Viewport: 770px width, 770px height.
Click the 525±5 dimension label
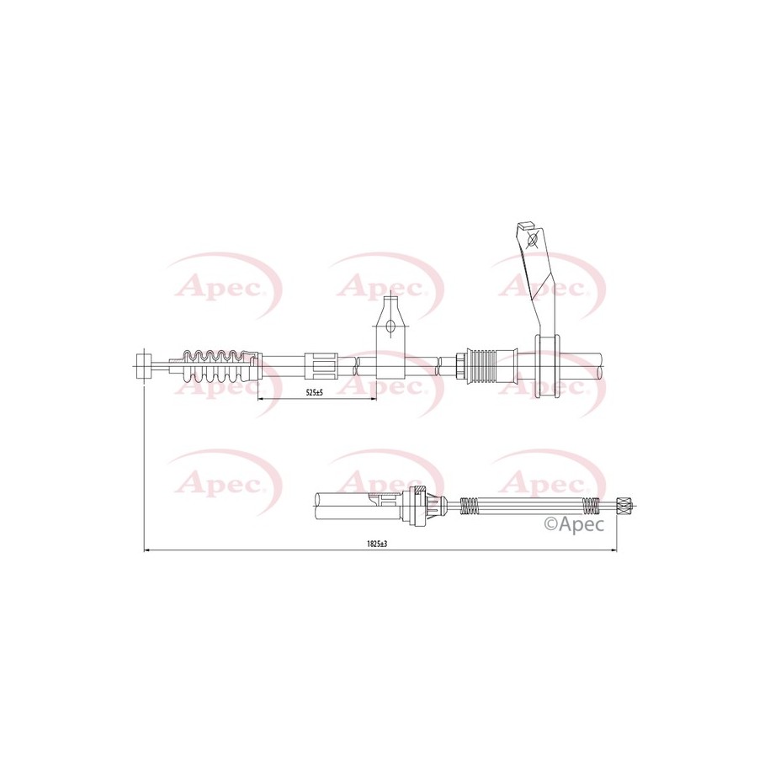coord(314,392)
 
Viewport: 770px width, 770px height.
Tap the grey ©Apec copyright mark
coord(575,524)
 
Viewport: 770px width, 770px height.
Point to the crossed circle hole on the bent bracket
coord(532,241)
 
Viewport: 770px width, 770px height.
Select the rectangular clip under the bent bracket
coord(547,366)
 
